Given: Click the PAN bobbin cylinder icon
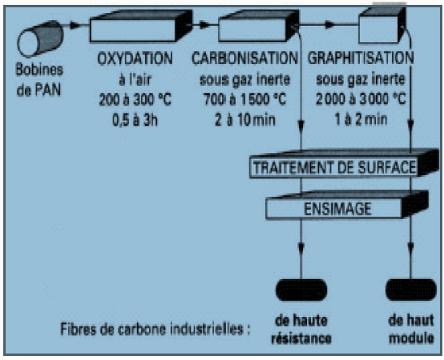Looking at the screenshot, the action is click(x=41, y=39).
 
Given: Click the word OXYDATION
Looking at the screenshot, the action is click(x=134, y=58).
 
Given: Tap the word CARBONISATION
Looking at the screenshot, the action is click(x=245, y=58).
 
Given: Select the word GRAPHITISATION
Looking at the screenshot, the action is click(x=361, y=58).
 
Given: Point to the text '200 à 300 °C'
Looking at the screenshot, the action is click(x=135, y=100).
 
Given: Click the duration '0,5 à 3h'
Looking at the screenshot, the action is click(x=134, y=120).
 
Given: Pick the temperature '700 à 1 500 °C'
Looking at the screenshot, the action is click(x=245, y=99).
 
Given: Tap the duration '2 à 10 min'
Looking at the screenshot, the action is click(x=245, y=120).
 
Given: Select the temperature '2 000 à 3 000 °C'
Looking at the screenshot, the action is click(x=361, y=99).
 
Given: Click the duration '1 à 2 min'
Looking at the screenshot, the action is click(x=361, y=119).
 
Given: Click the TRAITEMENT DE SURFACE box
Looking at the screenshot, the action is click(x=344, y=164).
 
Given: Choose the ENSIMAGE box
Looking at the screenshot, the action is click(x=347, y=205).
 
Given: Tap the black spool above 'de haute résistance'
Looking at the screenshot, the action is click(x=301, y=289).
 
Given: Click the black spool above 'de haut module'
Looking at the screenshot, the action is click(x=411, y=289).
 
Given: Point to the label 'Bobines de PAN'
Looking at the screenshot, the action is click(x=39, y=80).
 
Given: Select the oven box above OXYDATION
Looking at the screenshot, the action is click(x=141, y=26).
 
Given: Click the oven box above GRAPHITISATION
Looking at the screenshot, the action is click(x=382, y=25).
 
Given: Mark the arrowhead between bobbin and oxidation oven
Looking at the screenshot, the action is click(x=75, y=25).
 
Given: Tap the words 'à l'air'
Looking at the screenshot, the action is click(x=135, y=79).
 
